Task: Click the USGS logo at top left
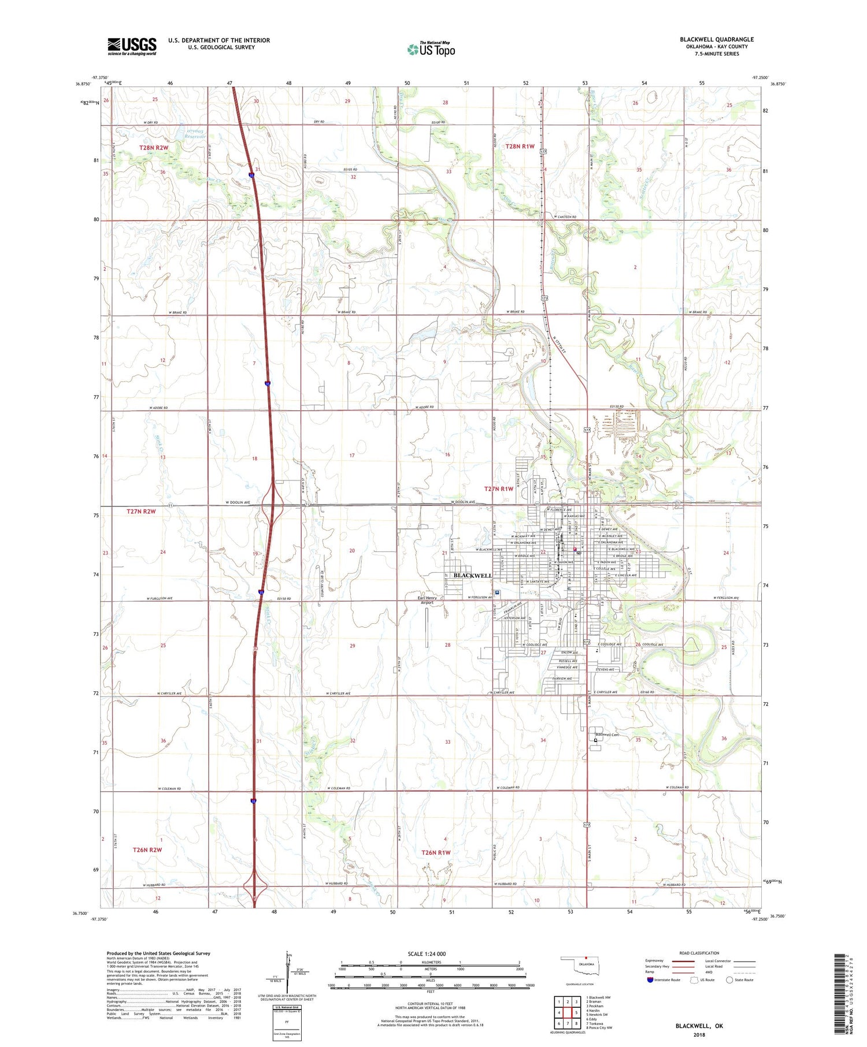tap(132, 46)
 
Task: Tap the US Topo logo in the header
tap(431, 49)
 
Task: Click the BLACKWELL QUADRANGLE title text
tap(717, 40)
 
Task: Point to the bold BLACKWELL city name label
tap(472, 575)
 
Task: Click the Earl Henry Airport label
tap(427, 600)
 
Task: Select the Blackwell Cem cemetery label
tap(607, 735)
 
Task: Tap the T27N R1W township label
tap(498, 489)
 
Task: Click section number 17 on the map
tap(351, 456)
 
